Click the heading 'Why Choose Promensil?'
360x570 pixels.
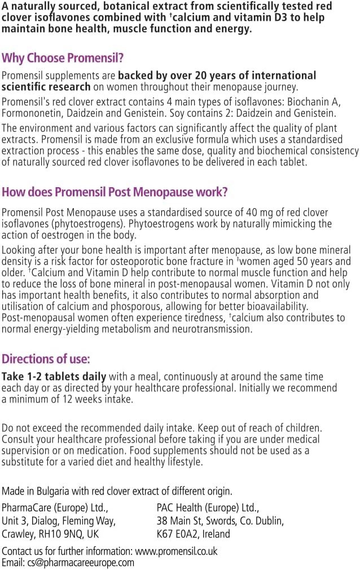tap(63, 58)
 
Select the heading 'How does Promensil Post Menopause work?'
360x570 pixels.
tap(115, 192)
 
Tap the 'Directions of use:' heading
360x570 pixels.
tap(46, 359)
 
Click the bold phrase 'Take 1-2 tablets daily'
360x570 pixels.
tap(54, 377)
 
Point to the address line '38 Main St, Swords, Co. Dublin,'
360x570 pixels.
tap(220, 520)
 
